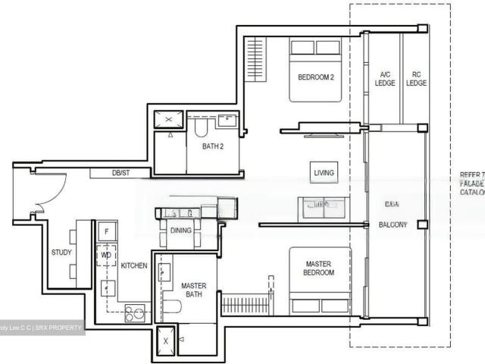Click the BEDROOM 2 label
tap(315, 77)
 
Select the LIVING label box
tap(324, 173)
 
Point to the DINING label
tap(180, 231)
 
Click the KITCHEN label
tap(134, 266)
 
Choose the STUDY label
tap(61, 253)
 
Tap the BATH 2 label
tap(213, 146)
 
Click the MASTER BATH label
tap(194, 290)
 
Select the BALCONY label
tap(393, 225)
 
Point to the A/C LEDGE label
tap(384, 79)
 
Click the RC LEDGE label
tap(416, 79)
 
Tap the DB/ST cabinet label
tap(120, 174)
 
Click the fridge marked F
tap(106, 231)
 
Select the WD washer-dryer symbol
tap(106, 256)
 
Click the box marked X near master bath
tap(167, 341)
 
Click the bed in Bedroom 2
tap(315, 70)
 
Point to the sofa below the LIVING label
tap(324, 207)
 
